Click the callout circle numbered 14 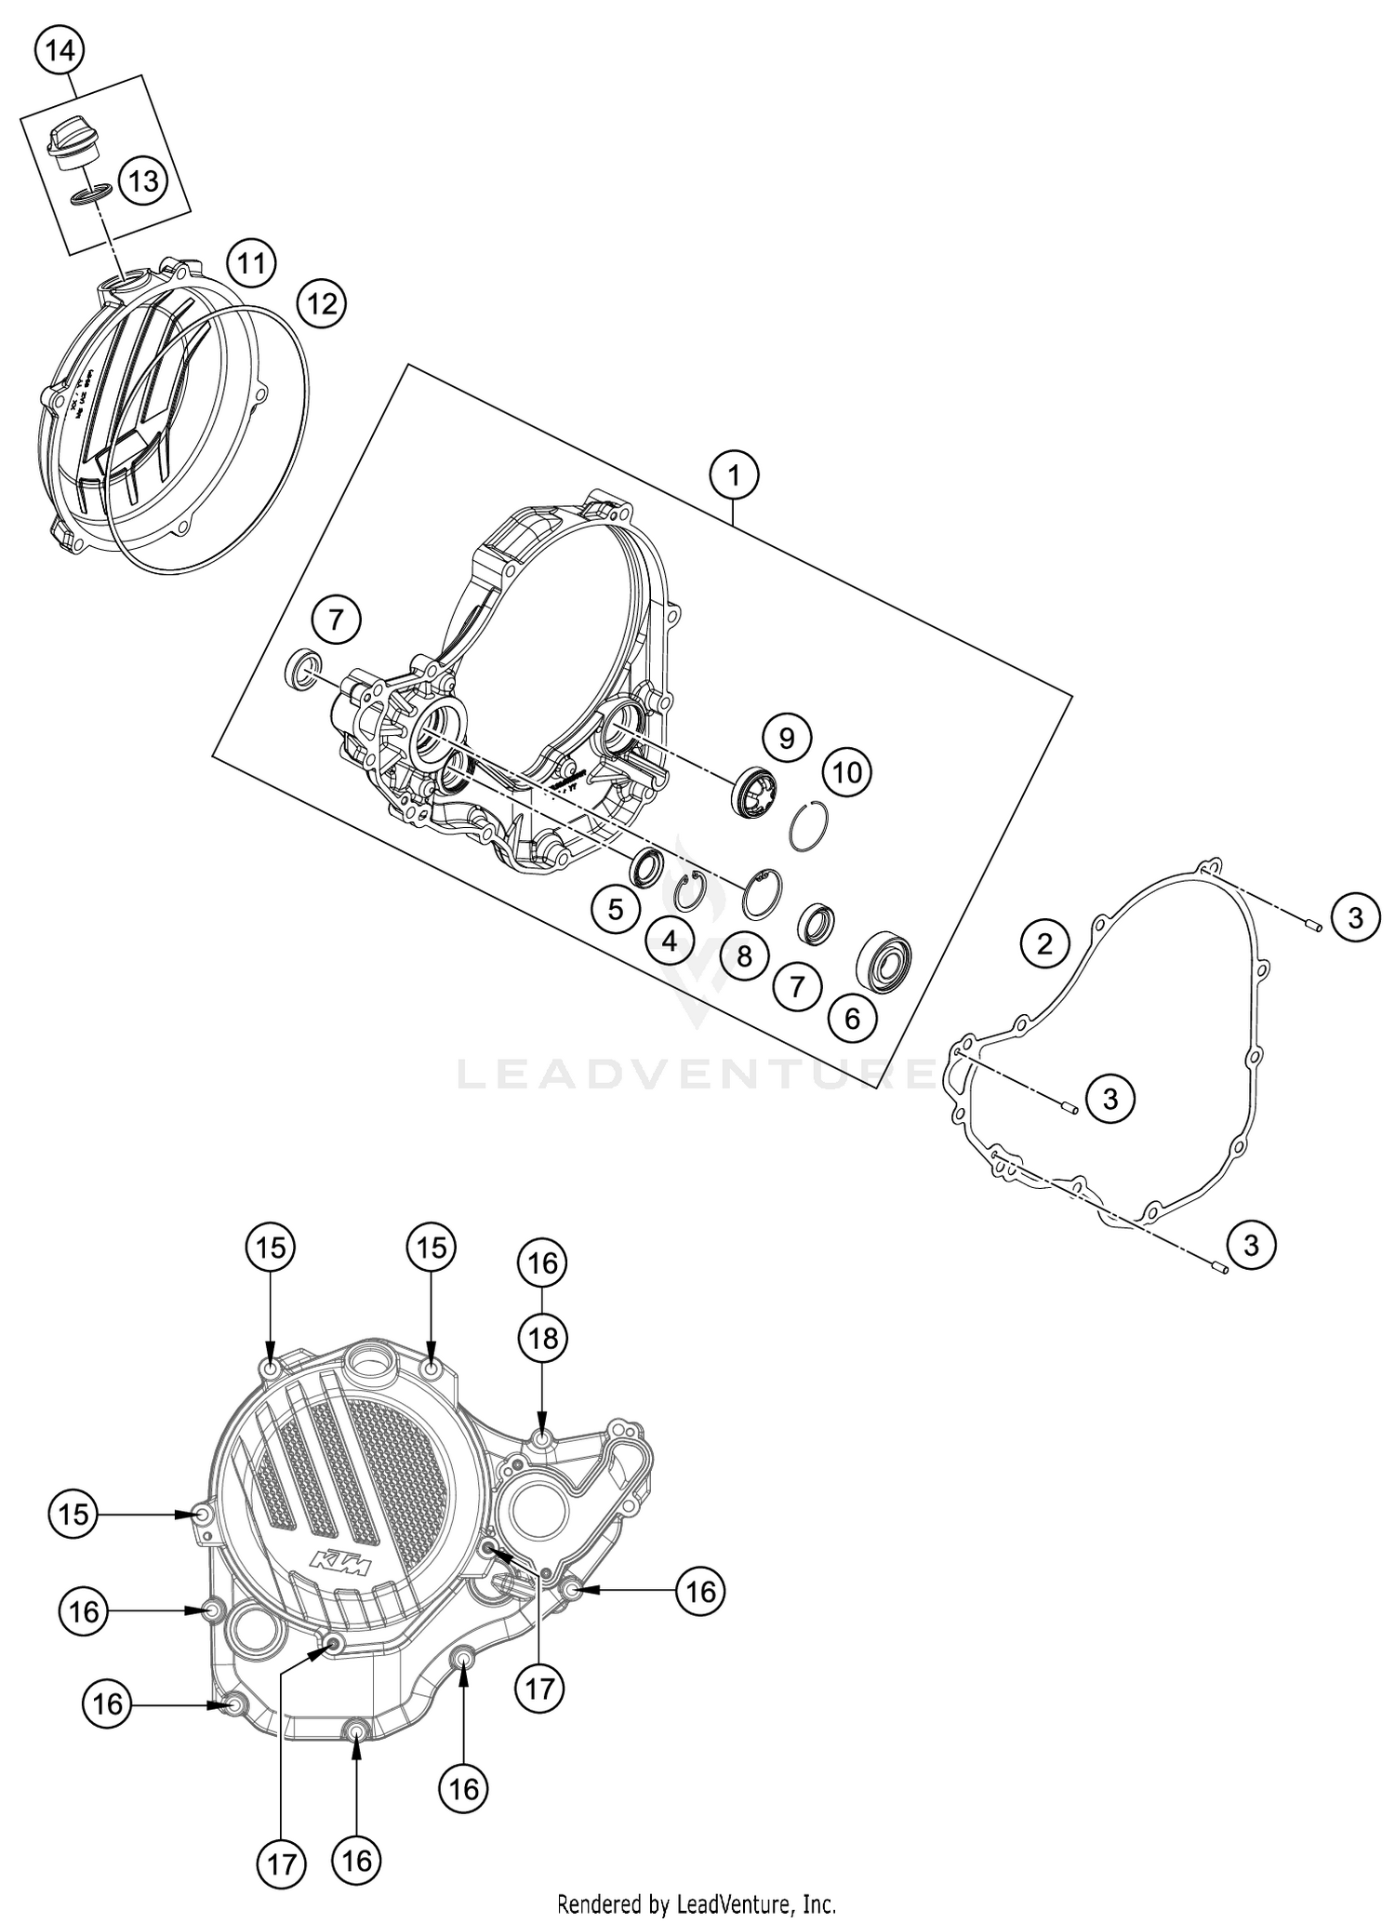(x=60, y=51)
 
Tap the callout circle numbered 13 (x=143, y=180)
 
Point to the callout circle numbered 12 (x=321, y=303)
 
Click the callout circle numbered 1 (x=734, y=475)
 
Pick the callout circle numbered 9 (x=787, y=738)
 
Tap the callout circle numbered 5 (x=616, y=908)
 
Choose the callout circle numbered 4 (x=671, y=941)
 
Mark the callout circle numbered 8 (x=744, y=955)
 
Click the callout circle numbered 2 (x=1044, y=943)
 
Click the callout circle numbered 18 (x=543, y=1338)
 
